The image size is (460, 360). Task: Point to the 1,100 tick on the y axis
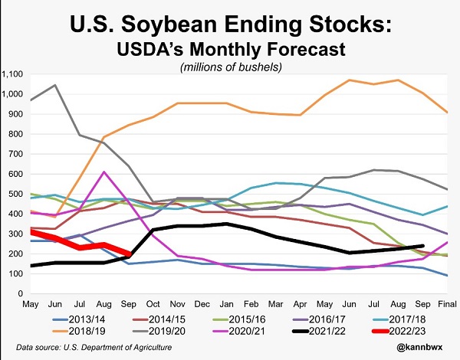click(x=14, y=74)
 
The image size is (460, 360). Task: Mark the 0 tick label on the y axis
click(x=21, y=293)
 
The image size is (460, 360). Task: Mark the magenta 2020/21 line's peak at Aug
click(x=103, y=172)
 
